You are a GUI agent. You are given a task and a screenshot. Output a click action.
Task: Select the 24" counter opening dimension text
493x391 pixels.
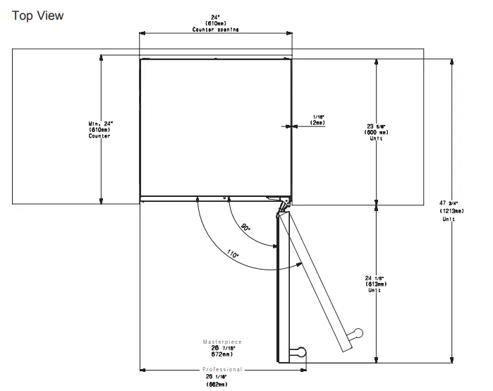coord(216,24)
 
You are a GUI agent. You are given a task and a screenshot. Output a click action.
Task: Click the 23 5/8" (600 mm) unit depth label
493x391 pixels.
coord(377,131)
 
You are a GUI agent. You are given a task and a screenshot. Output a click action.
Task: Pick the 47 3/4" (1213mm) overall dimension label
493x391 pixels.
coord(451,210)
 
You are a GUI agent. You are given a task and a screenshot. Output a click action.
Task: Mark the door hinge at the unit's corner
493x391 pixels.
coord(283,205)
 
